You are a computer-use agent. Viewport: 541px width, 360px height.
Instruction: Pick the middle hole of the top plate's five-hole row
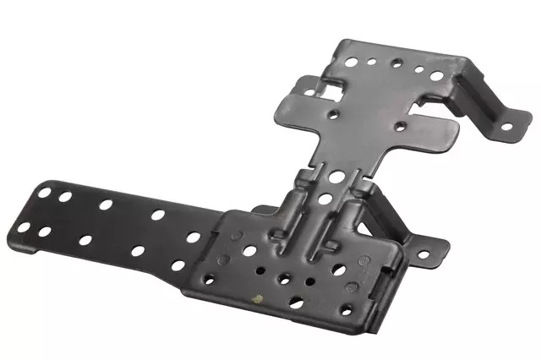coord(396,63)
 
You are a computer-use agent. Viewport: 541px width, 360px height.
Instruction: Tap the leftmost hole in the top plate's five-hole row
coord(352,60)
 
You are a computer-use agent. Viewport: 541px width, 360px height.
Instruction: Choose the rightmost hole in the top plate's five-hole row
coord(437,75)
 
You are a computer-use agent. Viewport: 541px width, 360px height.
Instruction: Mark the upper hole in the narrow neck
coord(336,177)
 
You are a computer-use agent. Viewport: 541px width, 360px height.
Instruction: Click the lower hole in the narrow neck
coord(326,199)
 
